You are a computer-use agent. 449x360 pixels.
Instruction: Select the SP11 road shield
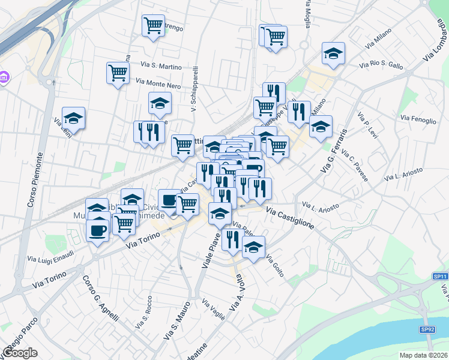coord(440,276)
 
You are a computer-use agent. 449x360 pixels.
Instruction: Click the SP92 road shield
coord(427,329)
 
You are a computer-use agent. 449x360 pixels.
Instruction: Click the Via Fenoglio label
coord(416,119)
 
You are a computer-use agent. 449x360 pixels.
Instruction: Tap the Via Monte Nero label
coord(158,84)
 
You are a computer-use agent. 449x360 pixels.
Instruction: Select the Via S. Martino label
coord(161,65)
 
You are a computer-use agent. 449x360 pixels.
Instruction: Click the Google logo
coord(20,352)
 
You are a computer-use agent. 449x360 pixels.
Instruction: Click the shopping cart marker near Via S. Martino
coord(118,73)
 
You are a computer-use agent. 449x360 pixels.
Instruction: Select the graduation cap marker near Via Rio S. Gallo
coord(333,53)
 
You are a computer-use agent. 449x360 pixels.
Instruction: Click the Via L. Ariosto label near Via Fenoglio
coord(403,174)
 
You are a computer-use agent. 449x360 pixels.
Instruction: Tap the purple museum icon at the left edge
coord(4,77)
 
